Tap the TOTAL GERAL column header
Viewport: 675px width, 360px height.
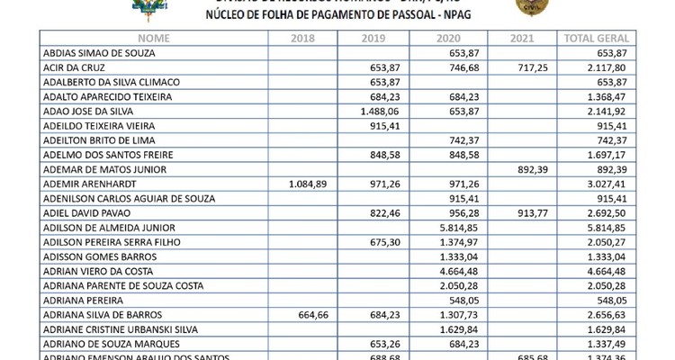click(594, 39)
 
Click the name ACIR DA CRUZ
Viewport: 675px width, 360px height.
click(72, 67)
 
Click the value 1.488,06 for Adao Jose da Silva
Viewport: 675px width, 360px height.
click(379, 111)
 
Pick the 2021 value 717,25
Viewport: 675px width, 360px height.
click(522, 67)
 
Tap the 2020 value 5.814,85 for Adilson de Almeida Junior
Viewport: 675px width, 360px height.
click(454, 227)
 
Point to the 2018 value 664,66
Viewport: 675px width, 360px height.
click(315, 313)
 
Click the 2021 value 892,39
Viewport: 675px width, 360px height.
click(522, 168)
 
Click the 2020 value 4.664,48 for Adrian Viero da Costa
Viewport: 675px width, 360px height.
click(454, 270)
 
